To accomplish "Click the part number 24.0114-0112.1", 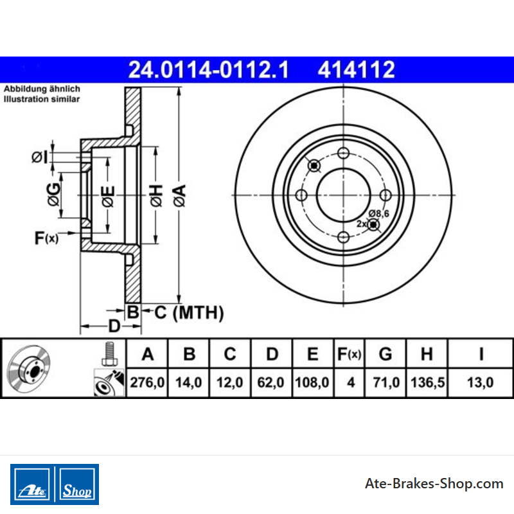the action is [208, 69].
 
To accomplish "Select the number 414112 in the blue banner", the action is [357, 69].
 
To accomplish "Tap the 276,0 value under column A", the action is [147, 382].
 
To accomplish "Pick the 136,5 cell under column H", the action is [427, 382].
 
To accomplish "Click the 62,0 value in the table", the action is [270, 382].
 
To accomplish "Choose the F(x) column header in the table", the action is [349, 354].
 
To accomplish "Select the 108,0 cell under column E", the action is [312, 382].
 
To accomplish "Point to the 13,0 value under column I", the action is [480, 382].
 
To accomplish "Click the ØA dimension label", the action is [180, 195].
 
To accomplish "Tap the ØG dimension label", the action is [54, 195].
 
